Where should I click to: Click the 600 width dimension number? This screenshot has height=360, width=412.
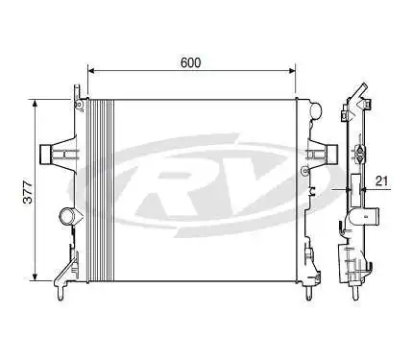click(x=191, y=62)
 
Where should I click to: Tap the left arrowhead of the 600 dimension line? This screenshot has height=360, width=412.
click(x=92, y=71)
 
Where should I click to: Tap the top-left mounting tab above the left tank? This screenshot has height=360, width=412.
click(x=75, y=90)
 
